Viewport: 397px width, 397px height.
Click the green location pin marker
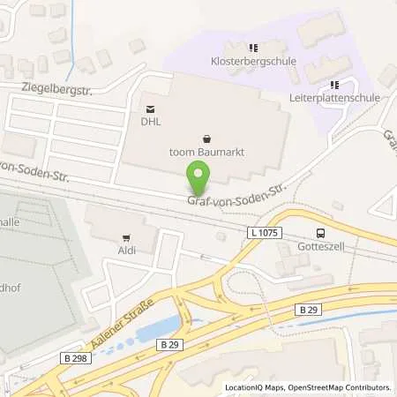198,181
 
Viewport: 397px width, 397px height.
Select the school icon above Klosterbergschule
253,48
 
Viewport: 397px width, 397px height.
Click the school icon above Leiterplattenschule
333,85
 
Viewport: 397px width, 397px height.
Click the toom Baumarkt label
206,153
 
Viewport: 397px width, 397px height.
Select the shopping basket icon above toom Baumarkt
206,138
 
